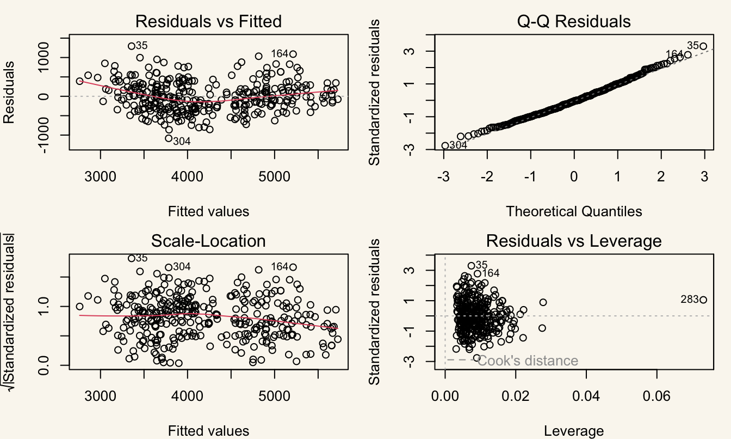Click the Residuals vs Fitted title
pos(208,22)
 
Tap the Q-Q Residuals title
pos(574,22)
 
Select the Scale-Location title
pos(208,241)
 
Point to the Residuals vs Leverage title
pos(574,241)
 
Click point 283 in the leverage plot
pos(703,300)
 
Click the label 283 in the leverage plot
pos(690,300)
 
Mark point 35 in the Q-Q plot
pos(704,46)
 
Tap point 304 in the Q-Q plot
pos(445,146)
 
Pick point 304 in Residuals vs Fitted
pos(169,138)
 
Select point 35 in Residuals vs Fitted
pos(132,46)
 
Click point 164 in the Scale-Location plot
pos(293,267)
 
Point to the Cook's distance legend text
pos(528,361)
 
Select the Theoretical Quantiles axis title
pos(574,211)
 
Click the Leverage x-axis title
pos(574,431)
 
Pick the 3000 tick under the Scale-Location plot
pos(101,396)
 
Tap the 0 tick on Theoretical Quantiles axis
pos(574,176)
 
